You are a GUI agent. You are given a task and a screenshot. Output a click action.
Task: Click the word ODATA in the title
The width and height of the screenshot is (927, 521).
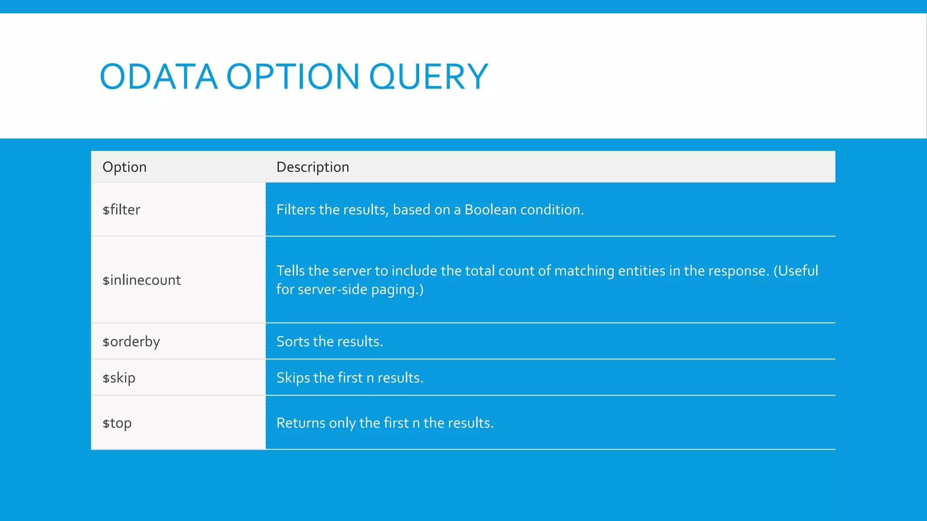tap(158, 76)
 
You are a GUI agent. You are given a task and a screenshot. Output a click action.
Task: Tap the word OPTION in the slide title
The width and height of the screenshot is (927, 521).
tap(293, 76)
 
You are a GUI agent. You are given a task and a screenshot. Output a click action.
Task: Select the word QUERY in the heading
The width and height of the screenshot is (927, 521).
tap(429, 76)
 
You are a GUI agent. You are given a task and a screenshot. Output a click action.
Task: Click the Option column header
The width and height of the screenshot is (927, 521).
tap(124, 167)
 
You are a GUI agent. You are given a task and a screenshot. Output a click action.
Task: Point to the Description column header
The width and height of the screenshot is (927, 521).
tap(313, 167)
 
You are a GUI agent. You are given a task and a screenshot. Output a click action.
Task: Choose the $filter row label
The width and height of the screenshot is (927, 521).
tap(121, 210)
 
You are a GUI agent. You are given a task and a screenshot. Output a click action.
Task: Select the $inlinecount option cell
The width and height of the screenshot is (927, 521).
tap(142, 280)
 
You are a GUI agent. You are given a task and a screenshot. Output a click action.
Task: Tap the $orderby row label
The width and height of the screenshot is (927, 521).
tap(131, 342)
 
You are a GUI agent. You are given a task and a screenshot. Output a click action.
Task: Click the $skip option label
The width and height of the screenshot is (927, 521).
tap(119, 378)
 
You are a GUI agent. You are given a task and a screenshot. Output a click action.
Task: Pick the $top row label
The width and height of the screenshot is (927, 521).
tap(117, 423)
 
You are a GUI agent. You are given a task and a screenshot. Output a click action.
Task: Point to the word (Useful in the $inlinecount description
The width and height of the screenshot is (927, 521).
tap(795, 271)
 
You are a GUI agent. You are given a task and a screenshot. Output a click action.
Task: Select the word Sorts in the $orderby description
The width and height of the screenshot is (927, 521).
tap(293, 341)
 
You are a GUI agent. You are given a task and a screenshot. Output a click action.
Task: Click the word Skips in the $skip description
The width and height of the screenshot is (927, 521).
tap(293, 378)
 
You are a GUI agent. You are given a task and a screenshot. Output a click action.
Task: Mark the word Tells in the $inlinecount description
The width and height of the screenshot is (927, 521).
tap(291, 271)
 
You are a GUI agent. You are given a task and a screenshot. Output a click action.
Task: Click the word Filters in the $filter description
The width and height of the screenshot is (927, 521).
tap(296, 210)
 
